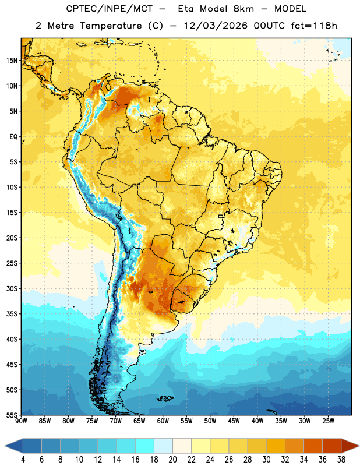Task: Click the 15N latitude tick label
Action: tap(12, 61)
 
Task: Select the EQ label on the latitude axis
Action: tap(13, 137)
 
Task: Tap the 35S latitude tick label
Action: tap(12, 314)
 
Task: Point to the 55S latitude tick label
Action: tap(12, 415)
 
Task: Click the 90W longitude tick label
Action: tap(21, 421)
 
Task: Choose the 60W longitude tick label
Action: tap(163, 421)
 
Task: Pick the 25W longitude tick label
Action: tap(328, 421)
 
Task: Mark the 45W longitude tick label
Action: tap(234, 421)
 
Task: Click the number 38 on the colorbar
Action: tap(341, 460)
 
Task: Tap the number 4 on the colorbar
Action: tap(23, 460)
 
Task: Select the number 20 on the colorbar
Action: tap(172, 460)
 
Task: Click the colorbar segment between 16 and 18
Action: tap(145, 446)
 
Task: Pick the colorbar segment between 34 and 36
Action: tap(313, 446)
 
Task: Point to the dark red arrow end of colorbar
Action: tap(350, 446)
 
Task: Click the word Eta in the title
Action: tap(186, 9)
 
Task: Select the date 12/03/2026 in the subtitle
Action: tap(216, 26)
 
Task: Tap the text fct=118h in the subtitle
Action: tap(314, 26)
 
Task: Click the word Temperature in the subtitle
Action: tap(111, 26)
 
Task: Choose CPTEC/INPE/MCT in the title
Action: tap(110, 9)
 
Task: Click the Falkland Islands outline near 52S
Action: tap(165, 398)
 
